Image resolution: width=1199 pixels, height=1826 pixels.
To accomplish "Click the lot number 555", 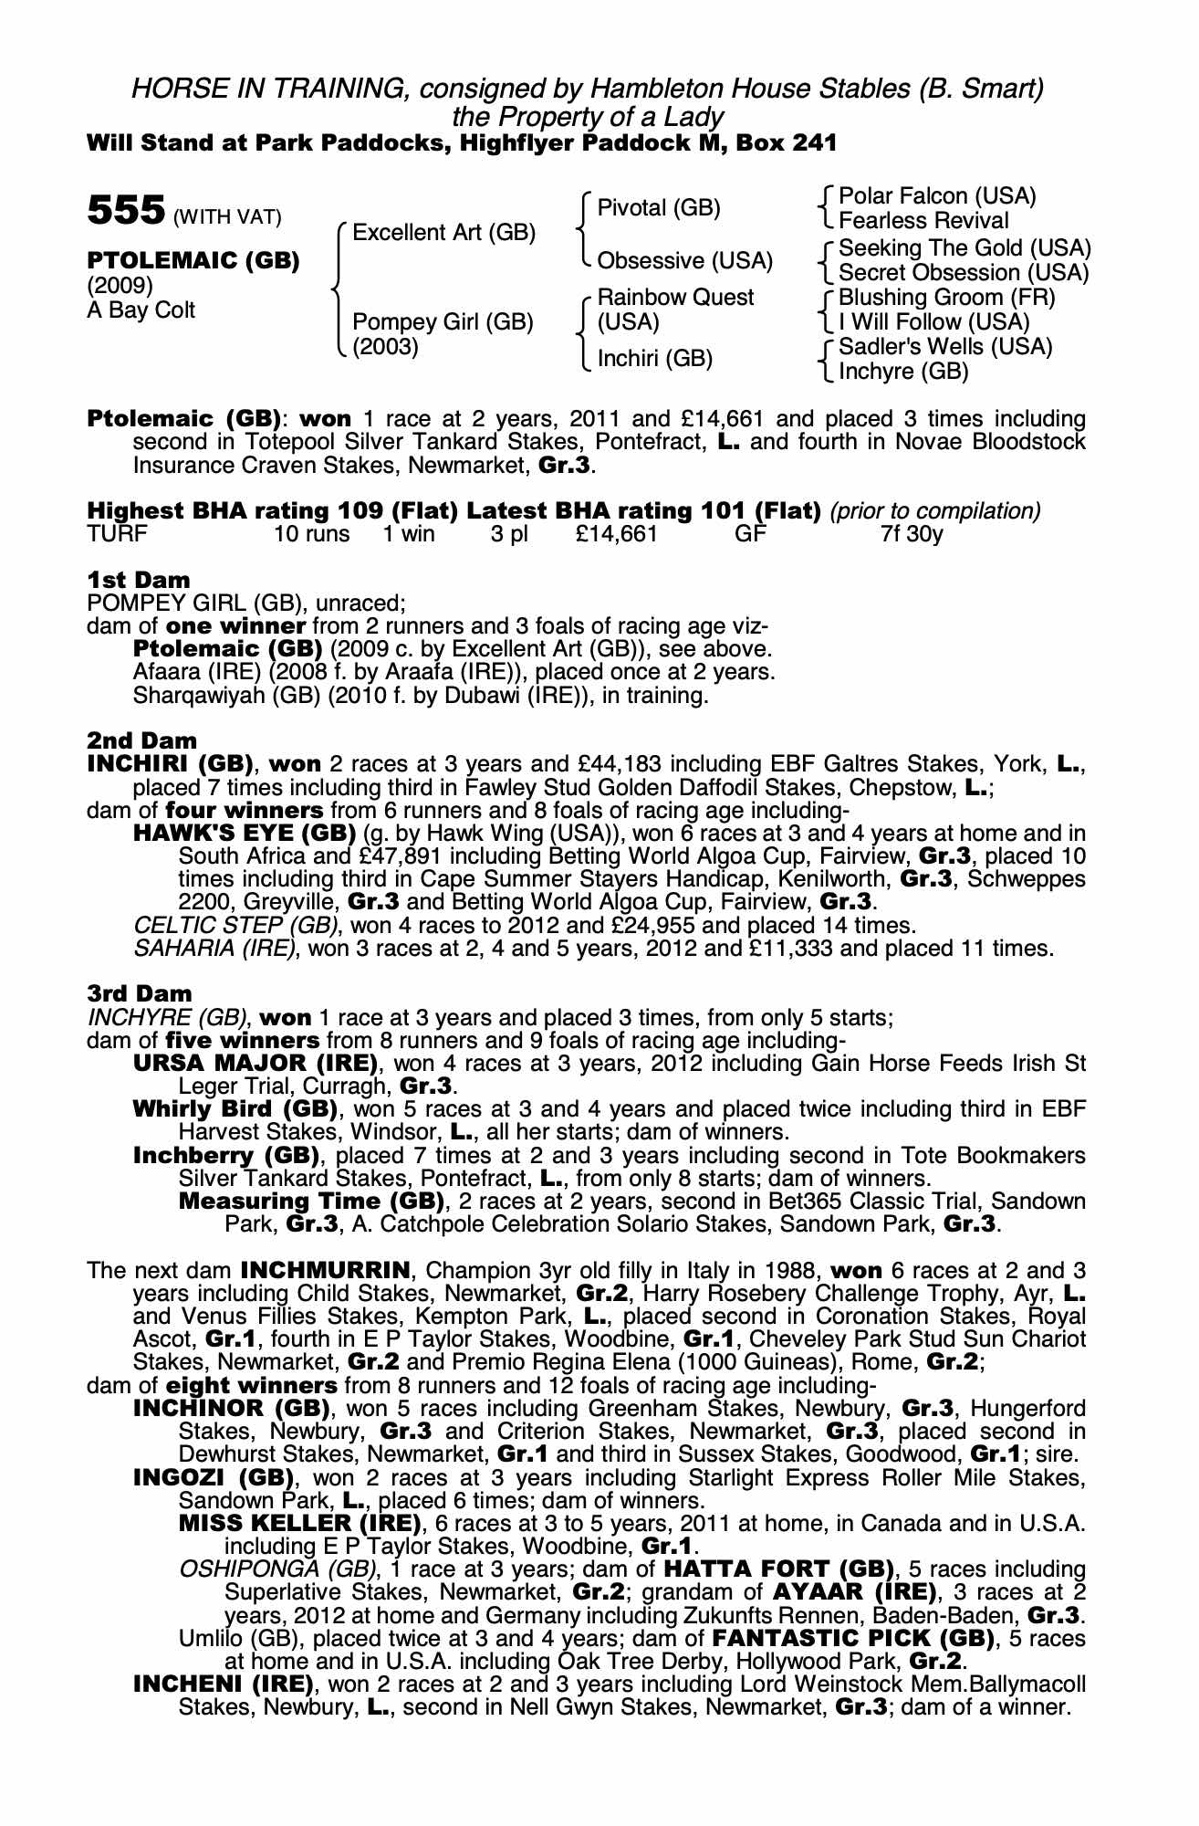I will pyautogui.click(x=125, y=211).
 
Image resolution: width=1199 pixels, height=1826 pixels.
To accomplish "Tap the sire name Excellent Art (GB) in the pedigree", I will pyautogui.click(x=443, y=233).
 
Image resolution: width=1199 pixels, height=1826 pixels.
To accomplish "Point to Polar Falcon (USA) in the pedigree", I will pyautogui.click(x=937, y=196).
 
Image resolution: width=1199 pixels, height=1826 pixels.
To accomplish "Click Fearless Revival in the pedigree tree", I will pyautogui.click(x=923, y=221).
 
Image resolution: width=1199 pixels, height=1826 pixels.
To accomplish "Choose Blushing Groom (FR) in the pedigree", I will pyautogui.click(x=946, y=298).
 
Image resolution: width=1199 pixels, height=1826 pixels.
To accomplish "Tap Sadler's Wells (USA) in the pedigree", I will pyautogui.click(x=945, y=347).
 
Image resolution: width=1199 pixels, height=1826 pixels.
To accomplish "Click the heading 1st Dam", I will pyautogui.click(x=139, y=580).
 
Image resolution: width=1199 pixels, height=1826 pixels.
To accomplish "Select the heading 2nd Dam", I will pyautogui.click(x=141, y=740).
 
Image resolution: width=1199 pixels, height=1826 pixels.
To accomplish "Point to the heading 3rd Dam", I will pyautogui.click(x=140, y=993).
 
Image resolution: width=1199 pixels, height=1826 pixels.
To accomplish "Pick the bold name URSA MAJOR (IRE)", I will pyautogui.click(x=255, y=1064).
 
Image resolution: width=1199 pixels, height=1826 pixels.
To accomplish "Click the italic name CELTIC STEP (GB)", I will pyautogui.click(x=235, y=926).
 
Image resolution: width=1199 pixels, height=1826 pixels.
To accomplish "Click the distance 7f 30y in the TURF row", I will pyautogui.click(x=912, y=534).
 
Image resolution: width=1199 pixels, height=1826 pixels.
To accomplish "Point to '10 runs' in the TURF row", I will pyautogui.click(x=311, y=534).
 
